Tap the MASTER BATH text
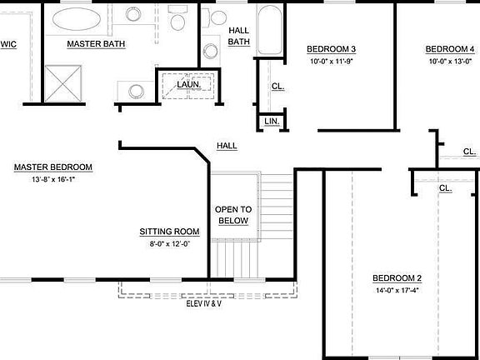96,43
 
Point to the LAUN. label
188,84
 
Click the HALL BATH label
238,36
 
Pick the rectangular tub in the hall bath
269,30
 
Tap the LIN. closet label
272,121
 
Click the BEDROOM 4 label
451,48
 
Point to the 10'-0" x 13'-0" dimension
451,61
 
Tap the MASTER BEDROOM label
53,167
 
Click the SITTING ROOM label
169,232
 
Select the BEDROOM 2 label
397,278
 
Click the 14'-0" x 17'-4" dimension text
397,291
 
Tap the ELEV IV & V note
203,304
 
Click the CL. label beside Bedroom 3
277,86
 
